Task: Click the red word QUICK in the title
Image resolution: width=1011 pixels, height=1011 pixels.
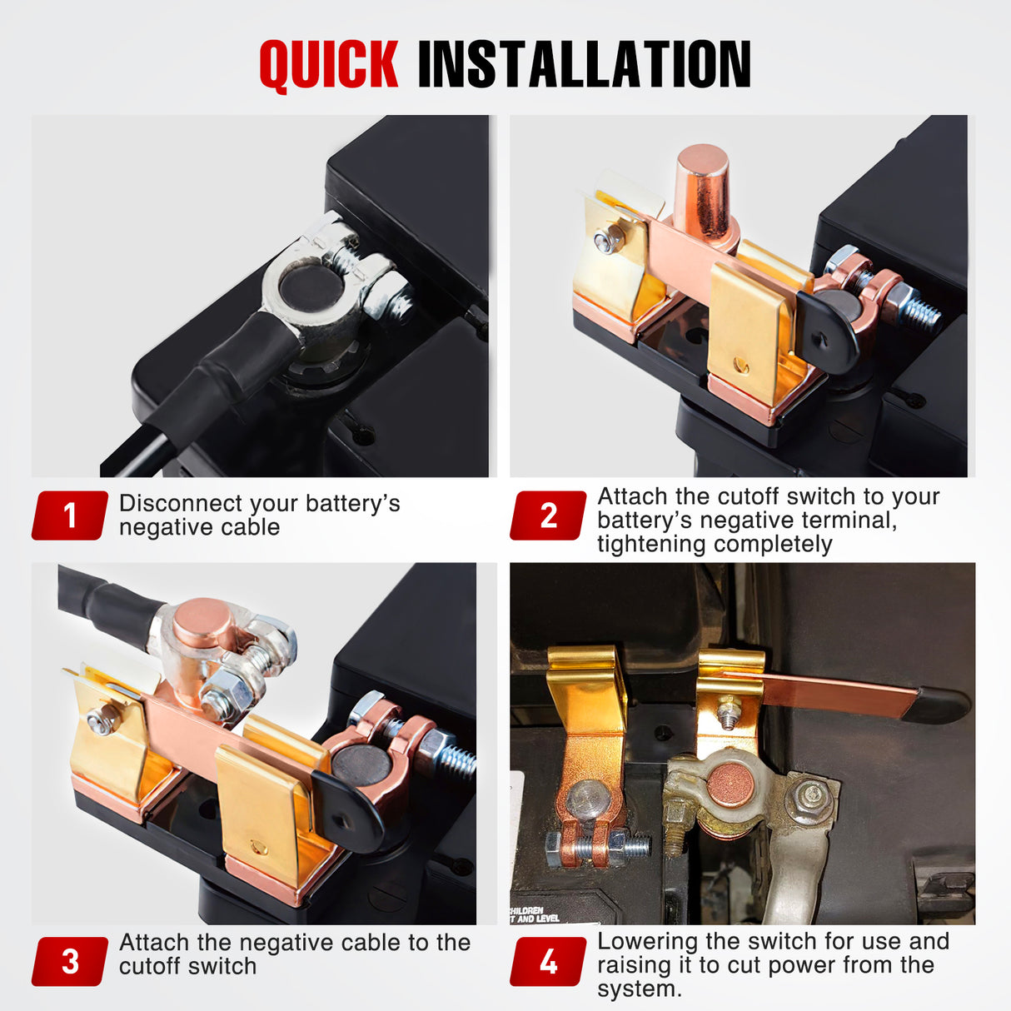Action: (x=328, y=64)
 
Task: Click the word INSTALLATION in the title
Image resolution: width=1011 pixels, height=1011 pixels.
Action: (x=583, y=64)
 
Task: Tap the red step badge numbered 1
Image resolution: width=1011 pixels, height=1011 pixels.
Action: (x=70, y=515)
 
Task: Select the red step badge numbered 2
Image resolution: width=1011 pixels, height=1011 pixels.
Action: (x=548, y=515)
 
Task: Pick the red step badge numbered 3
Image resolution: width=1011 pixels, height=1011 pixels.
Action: (x=70, y=961)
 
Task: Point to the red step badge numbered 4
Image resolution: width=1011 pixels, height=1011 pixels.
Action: (x=548, y=961)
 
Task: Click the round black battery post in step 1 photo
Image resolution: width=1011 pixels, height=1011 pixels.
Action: (x=309, y=286)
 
